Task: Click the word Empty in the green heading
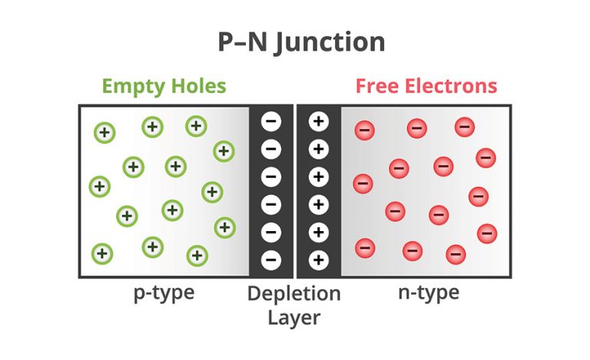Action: (x=134, y=85)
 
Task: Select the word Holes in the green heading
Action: (x=198, y=85)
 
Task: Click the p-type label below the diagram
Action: (x=162, y=292)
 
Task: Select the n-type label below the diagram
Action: (x=429, y=292)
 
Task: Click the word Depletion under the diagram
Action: (x=294, y=293)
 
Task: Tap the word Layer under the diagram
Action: (x=294, y=315)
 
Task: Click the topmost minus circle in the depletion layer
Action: (x=272, y=121)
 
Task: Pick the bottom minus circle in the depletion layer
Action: (x=272, y=259)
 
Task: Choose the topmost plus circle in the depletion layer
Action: (x=319, y=121)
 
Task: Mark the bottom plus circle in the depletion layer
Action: (x=319, y=259)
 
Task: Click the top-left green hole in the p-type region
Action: (x=104, y=133)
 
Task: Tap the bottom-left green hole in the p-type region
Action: (x=101, y=253)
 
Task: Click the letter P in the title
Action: (x=227, y=42)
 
